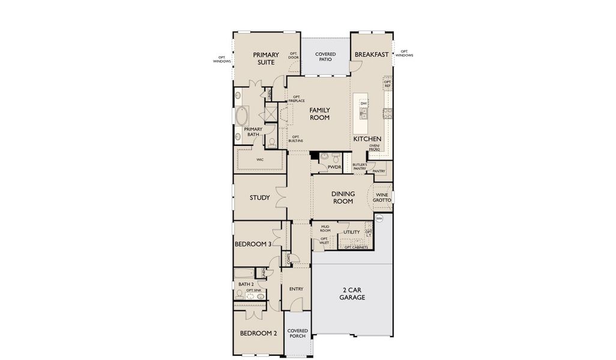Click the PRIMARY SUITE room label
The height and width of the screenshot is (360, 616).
(x=265, y=58)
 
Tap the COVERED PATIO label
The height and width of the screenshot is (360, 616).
(x=325, y=57)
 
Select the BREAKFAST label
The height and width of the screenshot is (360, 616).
(x=372, y=55)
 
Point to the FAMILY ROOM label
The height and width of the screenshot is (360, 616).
(x=320, y=113)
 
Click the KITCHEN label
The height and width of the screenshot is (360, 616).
(x=367, y=139)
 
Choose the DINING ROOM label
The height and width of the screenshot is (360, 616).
(x=343, y=197)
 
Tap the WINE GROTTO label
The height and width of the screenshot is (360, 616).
(x=382, y=197)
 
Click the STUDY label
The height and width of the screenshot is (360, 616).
(x=259, y=197)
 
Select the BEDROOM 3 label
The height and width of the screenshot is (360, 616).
(x=253, y=244)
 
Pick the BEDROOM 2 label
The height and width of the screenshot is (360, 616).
(x=258, y=334)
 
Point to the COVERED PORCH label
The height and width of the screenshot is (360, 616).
(x=297, y=333)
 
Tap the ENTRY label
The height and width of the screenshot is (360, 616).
(x=296, y=289)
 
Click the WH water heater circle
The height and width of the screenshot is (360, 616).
(x=379, y=218)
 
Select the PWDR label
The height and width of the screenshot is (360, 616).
(x=334, y=167)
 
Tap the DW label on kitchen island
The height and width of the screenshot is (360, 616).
(x=363, y=104)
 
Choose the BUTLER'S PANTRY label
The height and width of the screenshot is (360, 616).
(x=360, y=166)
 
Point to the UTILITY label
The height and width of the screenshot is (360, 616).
(x=351, y=232)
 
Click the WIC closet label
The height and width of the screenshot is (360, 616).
(x=260, y=160)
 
